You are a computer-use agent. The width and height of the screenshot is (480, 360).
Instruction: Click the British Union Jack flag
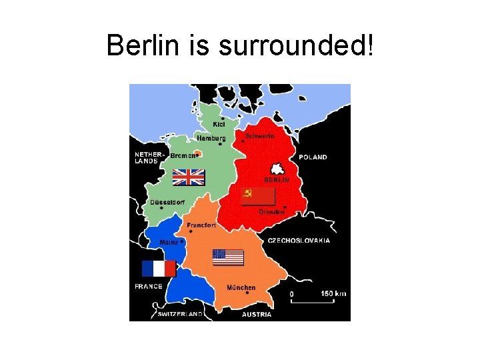(188, 177)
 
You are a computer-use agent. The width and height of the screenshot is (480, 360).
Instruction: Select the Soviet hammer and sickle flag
(257, 195)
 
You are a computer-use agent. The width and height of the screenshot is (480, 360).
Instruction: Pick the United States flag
(228, 257)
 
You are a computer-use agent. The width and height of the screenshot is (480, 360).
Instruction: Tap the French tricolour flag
(159, 269)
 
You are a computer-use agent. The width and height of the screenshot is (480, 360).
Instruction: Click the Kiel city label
(219, 124)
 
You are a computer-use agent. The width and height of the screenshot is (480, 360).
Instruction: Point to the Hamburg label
(211, 138)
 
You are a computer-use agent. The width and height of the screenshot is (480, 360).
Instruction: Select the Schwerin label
(260, 135)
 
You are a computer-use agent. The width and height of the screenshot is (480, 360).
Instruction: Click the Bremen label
(183, 155)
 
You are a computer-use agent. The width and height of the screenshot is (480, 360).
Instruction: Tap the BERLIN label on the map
(276, 180)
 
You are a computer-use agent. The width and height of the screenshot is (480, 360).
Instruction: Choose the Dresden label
(272, 211)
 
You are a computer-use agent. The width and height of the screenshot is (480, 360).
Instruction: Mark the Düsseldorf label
(167, 202)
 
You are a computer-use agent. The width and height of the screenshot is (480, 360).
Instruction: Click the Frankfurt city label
(201, 225)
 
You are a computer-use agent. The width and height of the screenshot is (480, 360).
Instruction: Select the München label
(241, 287)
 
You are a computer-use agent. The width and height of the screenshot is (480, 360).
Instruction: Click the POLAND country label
(313, 157)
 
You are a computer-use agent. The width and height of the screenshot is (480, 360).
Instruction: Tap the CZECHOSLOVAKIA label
(298, 240)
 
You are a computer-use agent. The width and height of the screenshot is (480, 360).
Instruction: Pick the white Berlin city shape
(276, 169)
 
